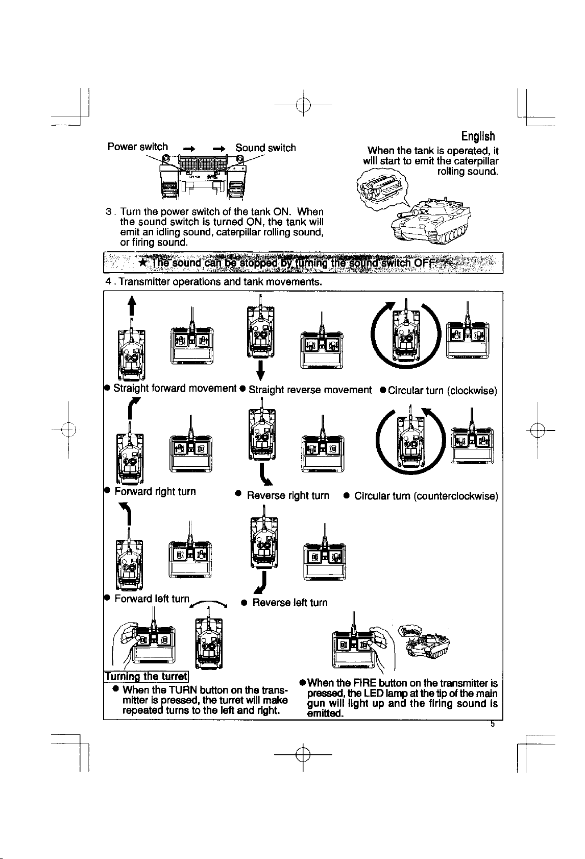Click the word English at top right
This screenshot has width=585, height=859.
coord(478,136)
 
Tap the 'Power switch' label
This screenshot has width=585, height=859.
coord(137,147)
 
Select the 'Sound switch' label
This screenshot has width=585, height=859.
coord(265,148)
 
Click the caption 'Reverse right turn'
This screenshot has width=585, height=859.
coord(288,495)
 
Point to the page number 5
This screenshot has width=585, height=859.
coord(492,723)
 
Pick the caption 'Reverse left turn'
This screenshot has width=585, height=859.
coord(290,603)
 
